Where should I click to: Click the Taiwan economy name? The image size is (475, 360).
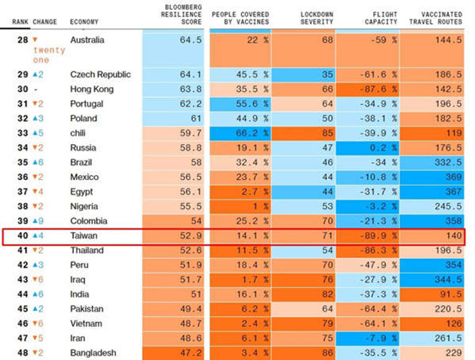(x=83, y=235)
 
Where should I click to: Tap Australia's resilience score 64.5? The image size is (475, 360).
(x=190, y=40)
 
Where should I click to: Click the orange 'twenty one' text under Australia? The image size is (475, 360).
(x=50, y=55)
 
